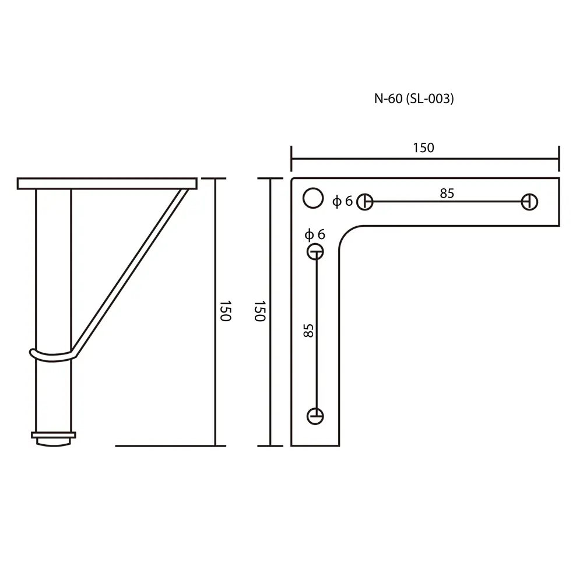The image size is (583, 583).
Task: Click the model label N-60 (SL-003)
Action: [x=414, y=99]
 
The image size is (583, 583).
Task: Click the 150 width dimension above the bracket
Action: [x=423, y=148]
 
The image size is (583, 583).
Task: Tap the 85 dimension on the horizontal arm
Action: [x=447, y=194]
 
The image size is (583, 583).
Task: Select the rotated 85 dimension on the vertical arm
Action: [x=308, y=331]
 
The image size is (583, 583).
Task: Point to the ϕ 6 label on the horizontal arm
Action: [x=342, y=201]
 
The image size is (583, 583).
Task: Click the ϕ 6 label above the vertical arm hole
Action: [x=315, y=234]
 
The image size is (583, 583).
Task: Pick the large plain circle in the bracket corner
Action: [x=313, y=198]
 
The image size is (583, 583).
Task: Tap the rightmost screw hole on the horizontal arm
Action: [x=529, y=202]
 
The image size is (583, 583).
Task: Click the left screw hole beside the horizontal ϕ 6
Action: [x=365, y=202]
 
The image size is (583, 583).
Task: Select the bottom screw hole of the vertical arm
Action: [x=315, y=416]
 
